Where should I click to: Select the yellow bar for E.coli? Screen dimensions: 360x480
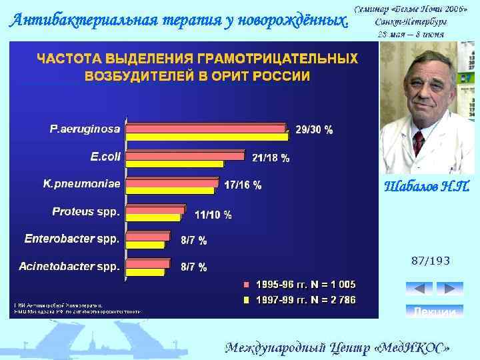click(x=175, y=163)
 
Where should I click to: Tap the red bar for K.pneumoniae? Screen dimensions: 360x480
click(x=172, y=181)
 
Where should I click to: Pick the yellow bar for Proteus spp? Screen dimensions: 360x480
click(x=153, y=217)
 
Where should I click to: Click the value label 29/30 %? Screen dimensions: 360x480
click(x=314, y=131)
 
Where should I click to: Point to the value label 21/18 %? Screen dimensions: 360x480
click(x=271, y=158)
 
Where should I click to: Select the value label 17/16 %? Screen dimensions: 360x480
click(x=243, y=185)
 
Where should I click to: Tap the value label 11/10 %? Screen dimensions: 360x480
click(x=213, y=215)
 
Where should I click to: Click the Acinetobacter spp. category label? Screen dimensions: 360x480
click(x=69, y=267)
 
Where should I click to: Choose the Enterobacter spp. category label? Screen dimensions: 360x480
click(x=72, y=238)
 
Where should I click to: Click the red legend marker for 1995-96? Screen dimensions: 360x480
click(x=246, y=285)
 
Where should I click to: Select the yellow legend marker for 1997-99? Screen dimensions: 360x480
click(x=246, y=300)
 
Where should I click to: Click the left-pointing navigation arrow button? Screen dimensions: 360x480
click(x=419, y=289)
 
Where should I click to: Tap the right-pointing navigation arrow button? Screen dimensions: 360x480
click(x=449, y=289)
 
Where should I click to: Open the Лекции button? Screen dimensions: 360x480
click(x=434, y=311)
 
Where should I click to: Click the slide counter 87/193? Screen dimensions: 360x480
click(x=431, y=261)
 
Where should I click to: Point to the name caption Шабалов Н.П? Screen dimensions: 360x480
click(x=427, y=187)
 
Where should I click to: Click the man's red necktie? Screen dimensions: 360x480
click(x=418, y=142)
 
